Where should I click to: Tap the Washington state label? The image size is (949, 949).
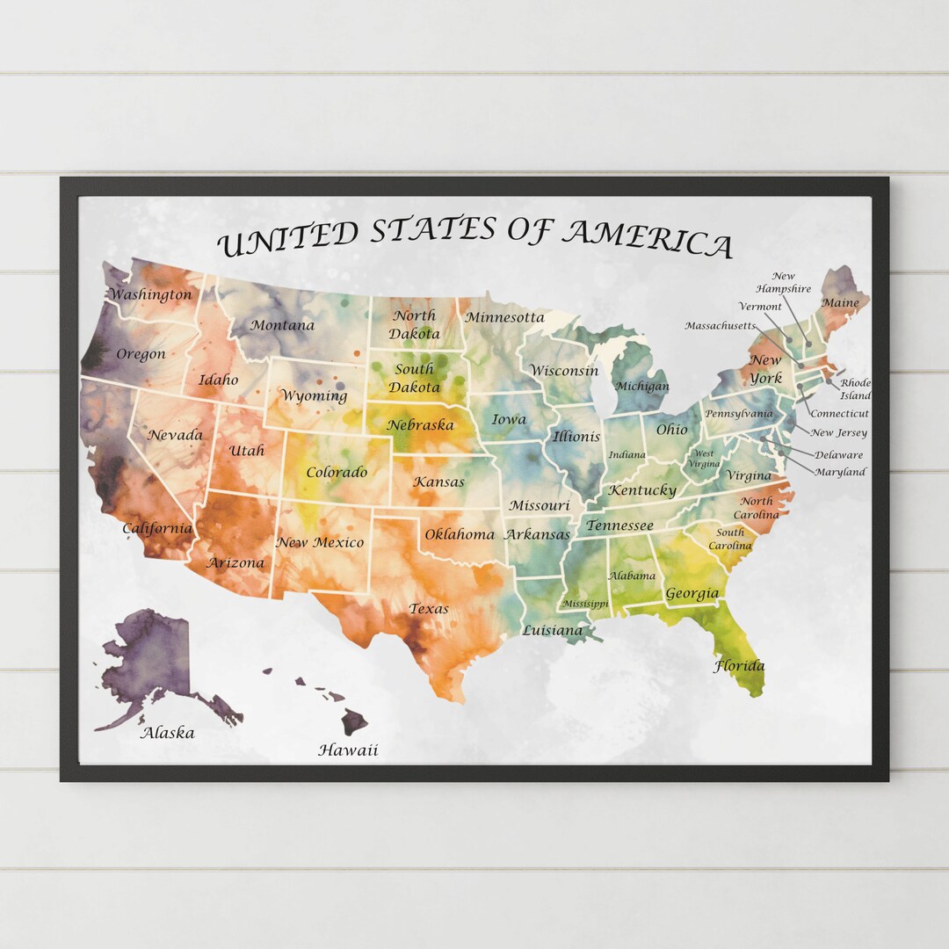(x=150, y=295)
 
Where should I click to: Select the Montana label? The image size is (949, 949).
(x=282, y=325)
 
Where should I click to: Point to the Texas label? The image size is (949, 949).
(x=429, y=608)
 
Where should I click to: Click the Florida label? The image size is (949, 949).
(x=738, y=666)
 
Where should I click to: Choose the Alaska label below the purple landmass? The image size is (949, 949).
(x=168, y=732)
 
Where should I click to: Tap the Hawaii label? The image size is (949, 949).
(x=348, y=750)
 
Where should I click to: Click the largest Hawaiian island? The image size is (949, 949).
(x=354, y=722)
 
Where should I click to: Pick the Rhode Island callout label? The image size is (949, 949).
(x=855, y=389)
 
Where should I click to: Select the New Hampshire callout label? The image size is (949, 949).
(x=784, y=282)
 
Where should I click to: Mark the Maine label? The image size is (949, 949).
(x=840, y=303)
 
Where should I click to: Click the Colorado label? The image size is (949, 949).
(x=337, y=473)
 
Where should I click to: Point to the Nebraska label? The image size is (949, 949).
(x=421, y=425)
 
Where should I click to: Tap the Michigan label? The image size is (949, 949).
(x=641, y=386)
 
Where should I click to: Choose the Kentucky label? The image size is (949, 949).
(x=642, y=490)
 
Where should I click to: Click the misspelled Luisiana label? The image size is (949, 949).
(x=552, y=630)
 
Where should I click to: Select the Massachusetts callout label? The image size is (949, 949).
(x=720, y=326)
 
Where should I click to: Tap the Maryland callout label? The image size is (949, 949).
(x=839, y=472)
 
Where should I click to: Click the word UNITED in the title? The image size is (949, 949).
(x=288, y=239)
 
